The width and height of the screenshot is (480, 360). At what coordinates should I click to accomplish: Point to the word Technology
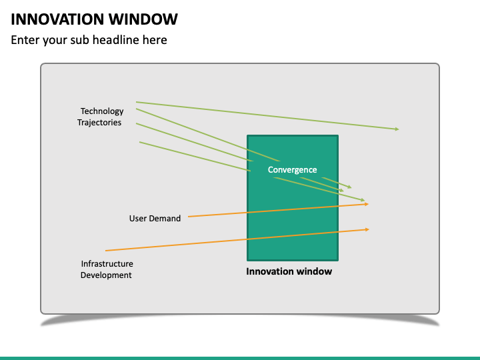102,111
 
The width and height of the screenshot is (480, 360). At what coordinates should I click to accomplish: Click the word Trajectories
99,123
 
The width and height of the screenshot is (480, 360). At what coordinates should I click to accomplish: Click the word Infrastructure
107,264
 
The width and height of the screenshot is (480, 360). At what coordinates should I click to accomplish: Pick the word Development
106,275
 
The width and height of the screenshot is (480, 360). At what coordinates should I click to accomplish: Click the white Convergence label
292,170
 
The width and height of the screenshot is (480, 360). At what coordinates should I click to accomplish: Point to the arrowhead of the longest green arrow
397,129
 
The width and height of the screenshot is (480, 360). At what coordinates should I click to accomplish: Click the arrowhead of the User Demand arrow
367,204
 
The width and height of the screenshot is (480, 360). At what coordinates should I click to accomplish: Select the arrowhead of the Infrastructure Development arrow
367,229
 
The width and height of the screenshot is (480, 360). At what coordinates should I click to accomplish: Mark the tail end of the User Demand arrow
189,217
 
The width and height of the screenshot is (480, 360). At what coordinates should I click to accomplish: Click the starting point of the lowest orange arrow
107,251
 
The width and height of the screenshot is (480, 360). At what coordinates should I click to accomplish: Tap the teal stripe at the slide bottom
240,358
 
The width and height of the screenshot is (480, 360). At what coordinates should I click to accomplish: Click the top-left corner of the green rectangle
248,137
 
